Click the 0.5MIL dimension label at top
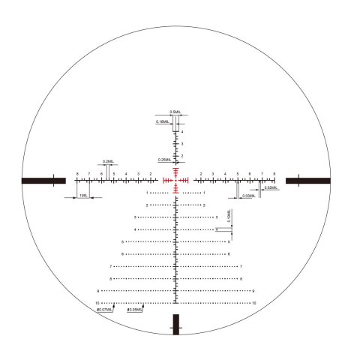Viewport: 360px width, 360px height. coord(175,112)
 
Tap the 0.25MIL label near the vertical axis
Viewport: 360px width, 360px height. coord(164,160)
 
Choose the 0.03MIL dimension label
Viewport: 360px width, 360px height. coord(247,196)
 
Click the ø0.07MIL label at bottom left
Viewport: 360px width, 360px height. coord(105,309)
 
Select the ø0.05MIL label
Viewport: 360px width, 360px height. coord(135,309)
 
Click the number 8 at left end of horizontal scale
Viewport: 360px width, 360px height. coord(77,173)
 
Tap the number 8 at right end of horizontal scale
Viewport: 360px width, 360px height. coord(274,173)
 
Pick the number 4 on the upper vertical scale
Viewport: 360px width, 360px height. coord(182,131)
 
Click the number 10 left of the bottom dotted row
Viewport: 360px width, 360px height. coord(97,303)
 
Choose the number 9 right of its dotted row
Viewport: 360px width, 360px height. coord(253,291)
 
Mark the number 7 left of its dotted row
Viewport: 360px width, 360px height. coord(111,266)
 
